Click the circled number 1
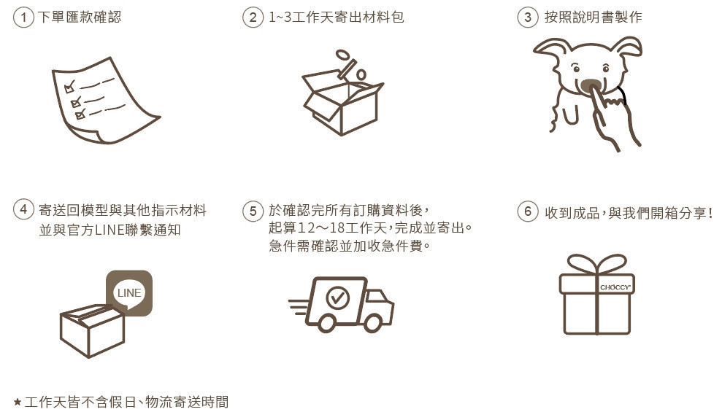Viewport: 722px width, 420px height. click(x=23, y=17)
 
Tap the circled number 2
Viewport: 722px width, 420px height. click(x=253, y=17)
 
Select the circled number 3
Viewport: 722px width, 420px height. click(x=528, y=17)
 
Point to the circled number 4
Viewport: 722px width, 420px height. click(x=23, y=210)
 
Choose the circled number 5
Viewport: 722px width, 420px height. click(x=253, y=211)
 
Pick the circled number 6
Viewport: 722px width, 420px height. click(x=528, y=211)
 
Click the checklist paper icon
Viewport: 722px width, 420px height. click(x=106, y=101)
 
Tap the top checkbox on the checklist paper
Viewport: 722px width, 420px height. click(x=69, y=87)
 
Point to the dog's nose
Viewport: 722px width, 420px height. click(x=591, y=85)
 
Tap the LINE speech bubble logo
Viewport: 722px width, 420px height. click(x=129, y=293)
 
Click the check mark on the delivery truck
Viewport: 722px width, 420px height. click(x=337, y=297)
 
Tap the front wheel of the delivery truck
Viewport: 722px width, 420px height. click(x=372, y=323)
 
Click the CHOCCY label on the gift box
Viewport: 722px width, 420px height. click(x=615, y=287)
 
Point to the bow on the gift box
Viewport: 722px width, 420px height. click(x=596, y=265)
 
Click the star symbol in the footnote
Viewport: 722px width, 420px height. click(x=18, y=402)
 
